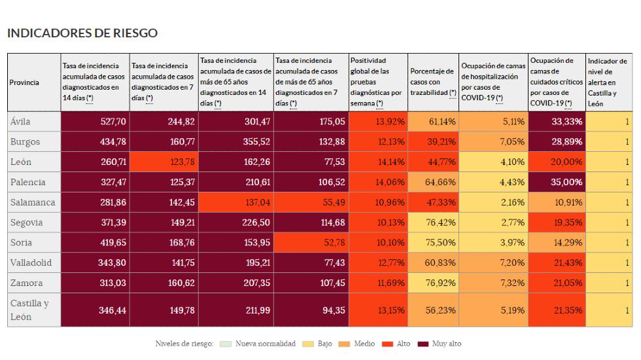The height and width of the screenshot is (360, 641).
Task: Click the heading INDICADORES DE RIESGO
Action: (x=82, y=33)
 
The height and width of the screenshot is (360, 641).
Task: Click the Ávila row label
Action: (x=20, y=122)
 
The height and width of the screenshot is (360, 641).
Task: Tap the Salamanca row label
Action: (x=33, y=202)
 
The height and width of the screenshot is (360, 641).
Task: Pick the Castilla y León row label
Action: (x=30, y=310)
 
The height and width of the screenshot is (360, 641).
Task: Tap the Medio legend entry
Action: (x=359, y=344)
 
